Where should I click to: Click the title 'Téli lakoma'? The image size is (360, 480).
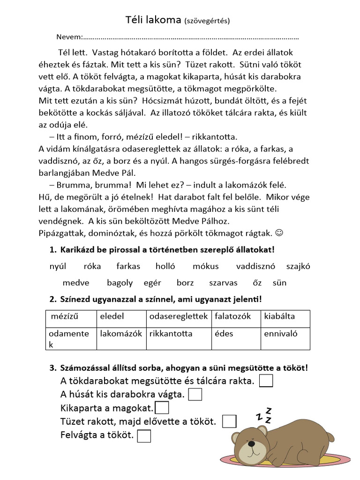tap(153, 20)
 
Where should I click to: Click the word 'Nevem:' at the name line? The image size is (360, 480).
tap(69, 37)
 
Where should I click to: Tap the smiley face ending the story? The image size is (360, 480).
tap(279, 232)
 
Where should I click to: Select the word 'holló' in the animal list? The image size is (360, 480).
tap(165, 266)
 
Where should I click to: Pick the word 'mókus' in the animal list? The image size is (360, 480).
tap(205, 266)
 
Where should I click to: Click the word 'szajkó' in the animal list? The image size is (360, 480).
tap(298, 266)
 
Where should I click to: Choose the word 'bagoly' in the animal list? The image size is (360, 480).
tap(120, 283)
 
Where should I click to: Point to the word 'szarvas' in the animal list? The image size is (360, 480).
tap(223, 283)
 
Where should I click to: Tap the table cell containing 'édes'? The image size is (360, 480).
tap(236, 337)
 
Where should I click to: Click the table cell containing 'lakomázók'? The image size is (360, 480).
tap(121, 337)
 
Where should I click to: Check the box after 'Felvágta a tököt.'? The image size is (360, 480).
tap(145, 436)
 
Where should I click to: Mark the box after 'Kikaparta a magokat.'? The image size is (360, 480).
tap(162, 408)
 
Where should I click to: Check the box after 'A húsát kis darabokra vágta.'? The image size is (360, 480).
tap(195, 395)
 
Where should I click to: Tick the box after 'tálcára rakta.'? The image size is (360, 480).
tap(266, 381)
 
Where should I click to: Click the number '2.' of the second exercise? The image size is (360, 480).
tap(53, 299)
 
